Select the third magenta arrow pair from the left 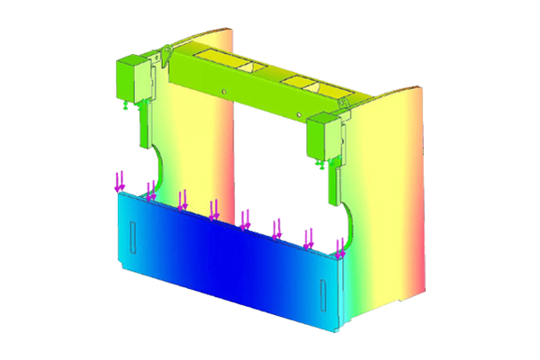pos(183,199)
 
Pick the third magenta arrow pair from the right pos(277,229)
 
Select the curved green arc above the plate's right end pos(352,220)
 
